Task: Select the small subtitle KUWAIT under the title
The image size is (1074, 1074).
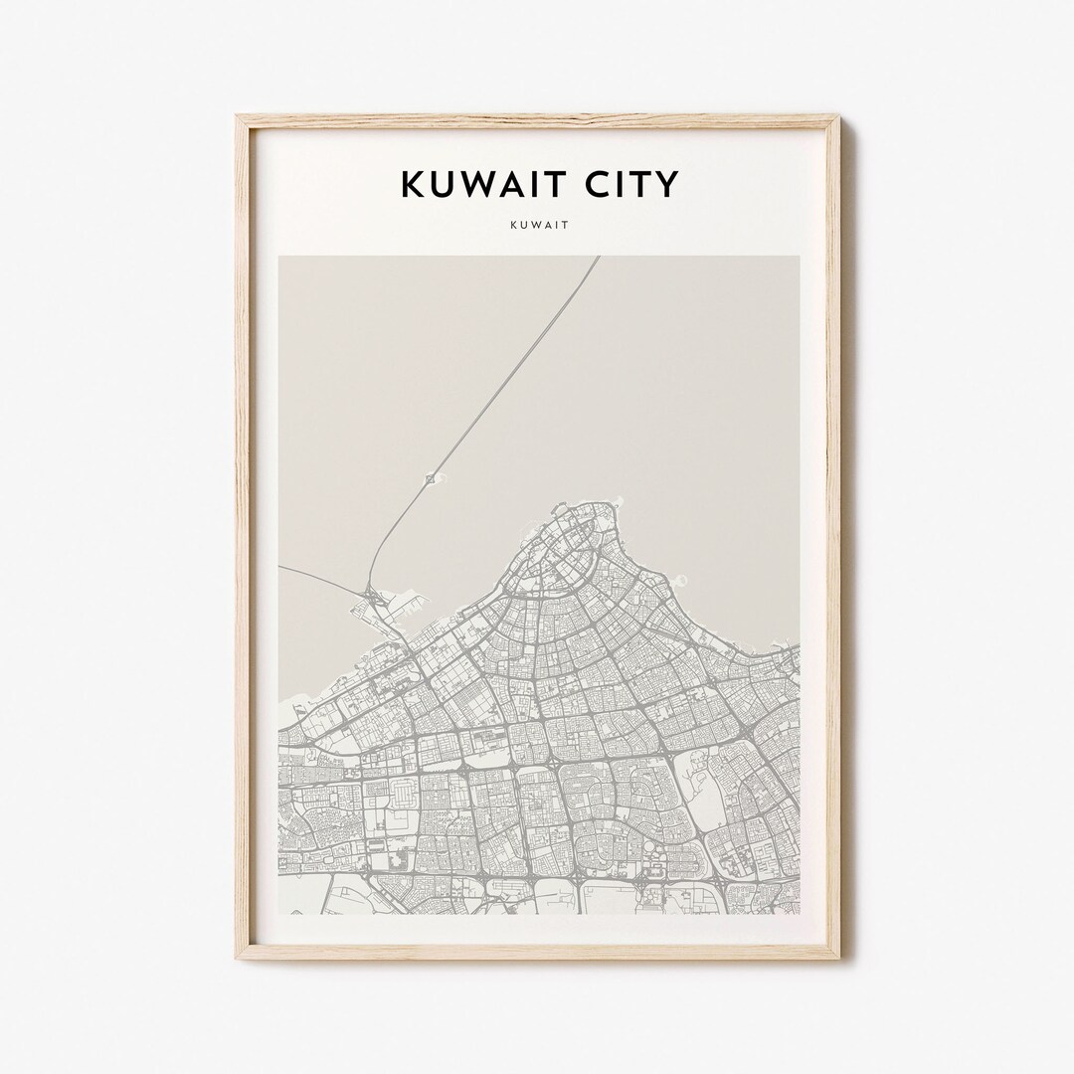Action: pyautogui.click(x=538, y=226)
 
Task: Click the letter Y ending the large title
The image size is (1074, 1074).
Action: pyautogui.click(x=667, y=184)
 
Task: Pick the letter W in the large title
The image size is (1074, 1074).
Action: pyautogui.click(x=480, y=184)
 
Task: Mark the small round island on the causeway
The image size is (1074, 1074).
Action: pyautogui.click(x=431, y=479)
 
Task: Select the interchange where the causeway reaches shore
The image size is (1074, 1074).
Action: pyautogui.click(x=375, y=597)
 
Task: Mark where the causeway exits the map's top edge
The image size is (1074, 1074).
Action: pyautogui.click(x=598, y=259)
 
